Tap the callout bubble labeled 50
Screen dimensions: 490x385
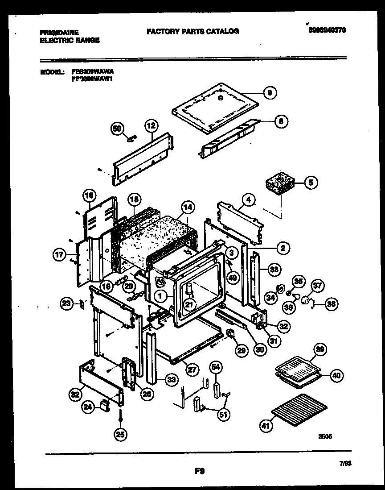(x=117, y=129)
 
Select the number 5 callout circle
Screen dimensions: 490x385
(x=311, y=182)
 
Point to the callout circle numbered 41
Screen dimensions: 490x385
(x=266, y=427)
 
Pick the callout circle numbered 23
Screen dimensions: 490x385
(x=66, y=303)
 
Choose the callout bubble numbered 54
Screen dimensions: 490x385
(x=216, y=367)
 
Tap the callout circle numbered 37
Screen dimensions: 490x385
(x=318, y=286)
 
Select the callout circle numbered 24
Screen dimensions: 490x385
(x=88, y=407)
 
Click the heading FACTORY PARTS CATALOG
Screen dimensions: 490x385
(x=192, y=31)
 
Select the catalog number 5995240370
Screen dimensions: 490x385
(x=327, y=30)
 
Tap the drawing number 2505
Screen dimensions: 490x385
(x=325, y=437)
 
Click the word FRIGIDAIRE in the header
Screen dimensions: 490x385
(x=59, y=33)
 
